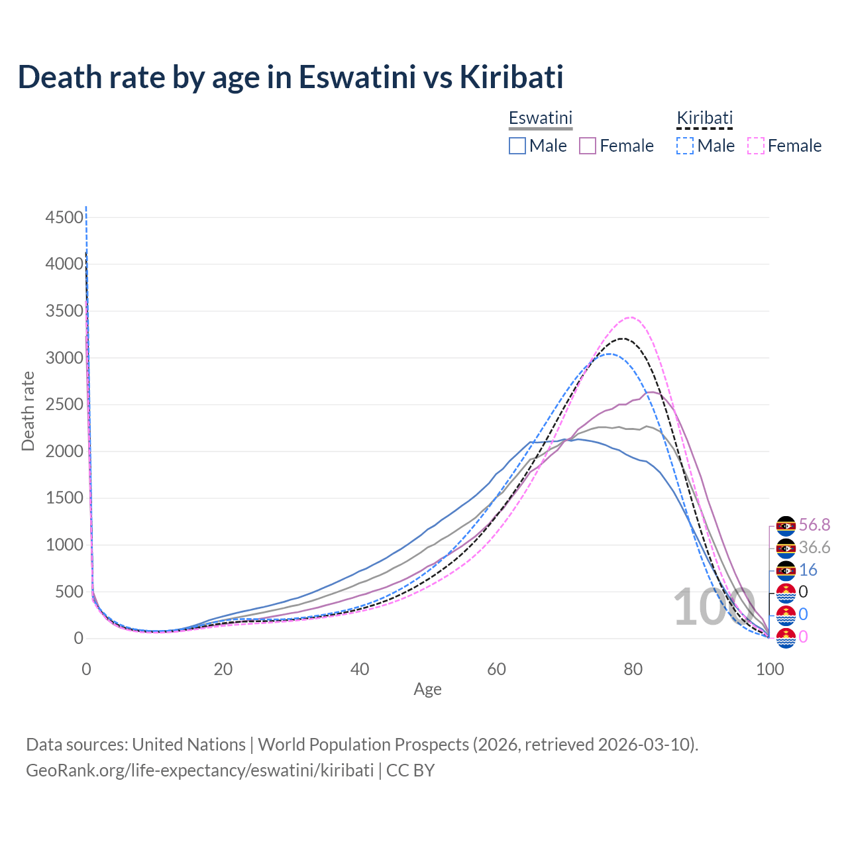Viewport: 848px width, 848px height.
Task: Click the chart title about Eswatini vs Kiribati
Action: pos(290,77)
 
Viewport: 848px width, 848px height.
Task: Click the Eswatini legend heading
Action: pos(540,118)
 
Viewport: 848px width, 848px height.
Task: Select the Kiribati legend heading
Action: pos(704,118)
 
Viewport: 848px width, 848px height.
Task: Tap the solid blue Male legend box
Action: pos(517,146)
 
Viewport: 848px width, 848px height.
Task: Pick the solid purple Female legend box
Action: pos(588,146)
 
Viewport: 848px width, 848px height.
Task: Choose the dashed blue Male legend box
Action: pos(685,146)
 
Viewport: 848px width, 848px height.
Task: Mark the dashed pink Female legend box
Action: pos(756,146)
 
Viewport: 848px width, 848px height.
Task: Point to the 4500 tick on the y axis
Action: pos(65,217)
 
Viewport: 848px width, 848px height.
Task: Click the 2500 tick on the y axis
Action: pos(65,405)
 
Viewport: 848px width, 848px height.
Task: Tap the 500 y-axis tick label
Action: pos(69,592)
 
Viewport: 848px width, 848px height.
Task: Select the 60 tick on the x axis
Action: pos(496,669)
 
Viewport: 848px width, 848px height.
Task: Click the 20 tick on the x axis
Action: pos(223,669)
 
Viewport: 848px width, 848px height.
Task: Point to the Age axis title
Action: pos(427,689)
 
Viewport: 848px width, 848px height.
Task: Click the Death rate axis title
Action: pos(28,411)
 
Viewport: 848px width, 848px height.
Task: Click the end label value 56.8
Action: pos(814,525)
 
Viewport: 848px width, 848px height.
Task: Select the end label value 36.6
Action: pos(814,547)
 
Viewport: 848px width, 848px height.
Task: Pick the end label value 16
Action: pos(808,570)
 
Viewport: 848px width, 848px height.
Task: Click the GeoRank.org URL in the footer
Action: pos(199,770)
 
